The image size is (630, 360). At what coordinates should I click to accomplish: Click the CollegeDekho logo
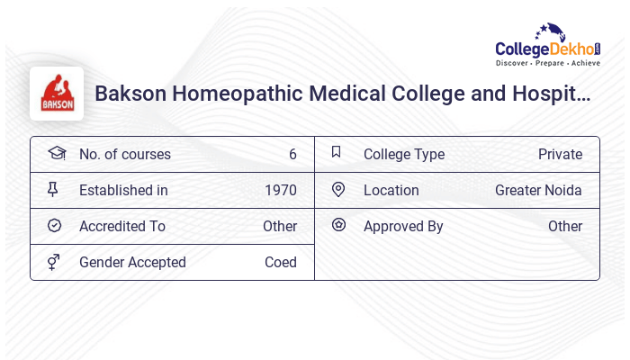[547, 47]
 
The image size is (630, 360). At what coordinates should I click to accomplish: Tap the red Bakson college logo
[57, 94]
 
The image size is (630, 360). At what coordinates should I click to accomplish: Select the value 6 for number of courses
[292, 154]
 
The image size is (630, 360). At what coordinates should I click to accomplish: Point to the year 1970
[281, 190]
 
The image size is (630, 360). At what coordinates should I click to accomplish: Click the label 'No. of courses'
[124, 154]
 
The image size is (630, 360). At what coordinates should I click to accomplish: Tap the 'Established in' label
[123, 190]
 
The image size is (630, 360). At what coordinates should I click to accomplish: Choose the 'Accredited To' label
[122, 226]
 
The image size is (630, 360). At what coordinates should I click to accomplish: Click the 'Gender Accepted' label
[132, 262]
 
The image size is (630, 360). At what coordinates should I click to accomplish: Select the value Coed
[280, 262]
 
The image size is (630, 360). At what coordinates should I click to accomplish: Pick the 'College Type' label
[404, 154]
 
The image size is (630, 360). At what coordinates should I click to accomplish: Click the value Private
[560, 154]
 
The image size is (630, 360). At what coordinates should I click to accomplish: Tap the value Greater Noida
[538, 190]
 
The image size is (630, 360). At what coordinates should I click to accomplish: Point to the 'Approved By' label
[403, 226]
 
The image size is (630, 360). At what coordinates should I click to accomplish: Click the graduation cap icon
[56, 153]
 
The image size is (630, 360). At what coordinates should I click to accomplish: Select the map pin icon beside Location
[338, 189]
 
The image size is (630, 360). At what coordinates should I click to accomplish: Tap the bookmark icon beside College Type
[337, 152]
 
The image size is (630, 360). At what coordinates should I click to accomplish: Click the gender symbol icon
[54, 262]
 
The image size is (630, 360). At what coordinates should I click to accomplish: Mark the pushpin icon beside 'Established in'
[54, 189]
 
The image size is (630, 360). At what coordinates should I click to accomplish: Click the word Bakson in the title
[130, 93]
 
